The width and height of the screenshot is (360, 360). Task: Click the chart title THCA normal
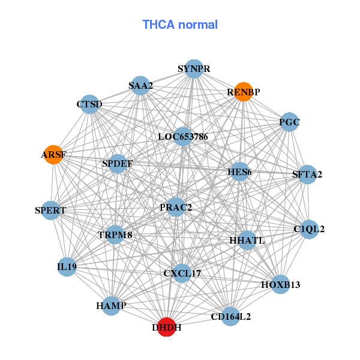pyautogui.click(x=179, y=25)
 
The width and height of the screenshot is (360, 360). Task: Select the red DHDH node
pyautogui.click(x=166, y=327)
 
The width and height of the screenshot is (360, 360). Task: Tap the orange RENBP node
pyautogui.click(x=243, y=92)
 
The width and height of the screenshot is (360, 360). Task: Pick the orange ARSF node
pyautogui.click(x=53, y=154)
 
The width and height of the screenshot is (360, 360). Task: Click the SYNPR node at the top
pyautogui.click(x=193, y=69)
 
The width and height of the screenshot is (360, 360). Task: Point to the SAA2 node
pyautogui.click(x=140, y=85)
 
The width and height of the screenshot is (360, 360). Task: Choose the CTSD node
pyautogui.click(x=89, y=104)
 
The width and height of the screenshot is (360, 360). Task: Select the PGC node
pyautogui.click(x=289, y=122)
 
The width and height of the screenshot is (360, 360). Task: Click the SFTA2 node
pyautogui.click(x=307, y=175)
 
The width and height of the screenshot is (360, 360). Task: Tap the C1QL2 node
pyautogui.click(x=309, y=229)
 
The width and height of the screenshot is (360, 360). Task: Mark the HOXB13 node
pyautogui.click(x=280, y=284)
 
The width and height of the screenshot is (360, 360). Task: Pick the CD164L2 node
pyautogui.click(x=231, y=316)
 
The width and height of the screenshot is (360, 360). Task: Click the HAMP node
pyautogui.click(x=111, y=306)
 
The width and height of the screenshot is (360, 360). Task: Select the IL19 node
pyautogui.click(x=67, y=266)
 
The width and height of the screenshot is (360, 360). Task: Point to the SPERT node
pyautogui.click(x=50, y=210)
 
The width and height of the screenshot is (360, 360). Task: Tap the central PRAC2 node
pyautogui.click(x=176, y=207)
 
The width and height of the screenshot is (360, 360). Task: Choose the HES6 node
pyautogui.click(x=239, y=172)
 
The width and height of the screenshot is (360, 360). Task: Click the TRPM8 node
pyautogui.click(x=115, y=235)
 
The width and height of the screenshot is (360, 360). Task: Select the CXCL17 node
pyautogui.click(x=182, y=273)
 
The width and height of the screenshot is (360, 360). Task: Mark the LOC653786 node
pyautogui.click(x=182, y=136)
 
